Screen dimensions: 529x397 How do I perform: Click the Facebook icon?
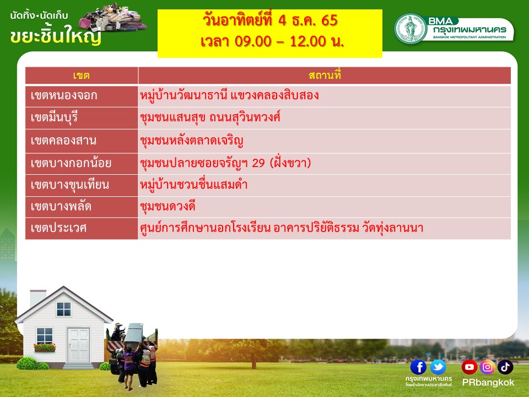[418, 367]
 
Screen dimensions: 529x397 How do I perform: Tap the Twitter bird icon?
[438, 367]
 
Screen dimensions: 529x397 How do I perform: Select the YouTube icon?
[469, 367]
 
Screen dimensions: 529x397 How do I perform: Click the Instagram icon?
[487, 367]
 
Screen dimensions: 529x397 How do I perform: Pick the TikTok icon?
[505, 367]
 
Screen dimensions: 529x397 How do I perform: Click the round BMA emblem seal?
[411, 29]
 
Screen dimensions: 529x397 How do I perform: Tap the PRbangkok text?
[488, 383]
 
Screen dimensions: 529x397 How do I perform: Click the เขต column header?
[82, 76]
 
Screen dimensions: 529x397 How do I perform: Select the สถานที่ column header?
[325, 76]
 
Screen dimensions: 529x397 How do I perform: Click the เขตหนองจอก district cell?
[82, 96]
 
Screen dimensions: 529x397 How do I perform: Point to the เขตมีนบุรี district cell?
[82, 118]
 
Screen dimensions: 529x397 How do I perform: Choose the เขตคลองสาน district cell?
[82, 141]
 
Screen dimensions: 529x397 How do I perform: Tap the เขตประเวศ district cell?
[82, 228]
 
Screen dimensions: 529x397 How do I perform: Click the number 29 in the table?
[258, 163]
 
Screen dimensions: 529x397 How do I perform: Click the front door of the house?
[78, 346]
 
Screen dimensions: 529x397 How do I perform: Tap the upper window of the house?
[64, 309]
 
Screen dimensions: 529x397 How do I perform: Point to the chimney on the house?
[38, 298]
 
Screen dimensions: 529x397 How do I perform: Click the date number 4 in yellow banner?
[282, 20]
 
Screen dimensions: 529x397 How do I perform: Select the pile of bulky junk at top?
[112, 18]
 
